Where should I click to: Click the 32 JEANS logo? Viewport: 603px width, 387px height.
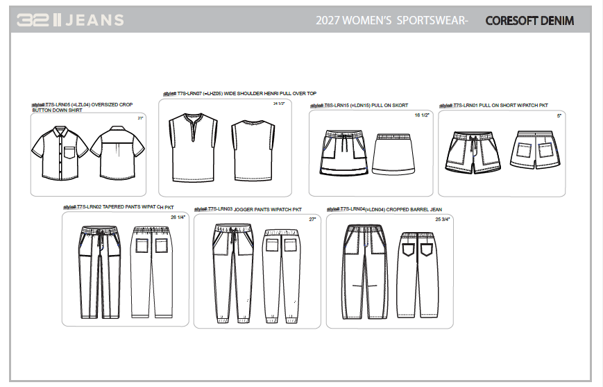(70, 20)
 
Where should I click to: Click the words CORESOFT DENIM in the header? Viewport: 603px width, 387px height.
(529, 21)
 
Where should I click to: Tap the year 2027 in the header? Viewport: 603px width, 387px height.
(330, 21)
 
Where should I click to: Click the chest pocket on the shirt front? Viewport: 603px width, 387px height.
(69, 151)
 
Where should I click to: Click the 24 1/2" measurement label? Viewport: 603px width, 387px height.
(280, 104)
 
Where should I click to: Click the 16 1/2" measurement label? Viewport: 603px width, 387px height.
(422, 115)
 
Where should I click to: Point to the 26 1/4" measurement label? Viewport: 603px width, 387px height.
(178, 217)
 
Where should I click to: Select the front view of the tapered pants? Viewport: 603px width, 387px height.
(93, 271)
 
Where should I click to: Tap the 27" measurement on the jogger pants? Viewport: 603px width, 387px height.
(312, 220)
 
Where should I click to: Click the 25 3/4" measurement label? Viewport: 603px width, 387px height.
(443, 220)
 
